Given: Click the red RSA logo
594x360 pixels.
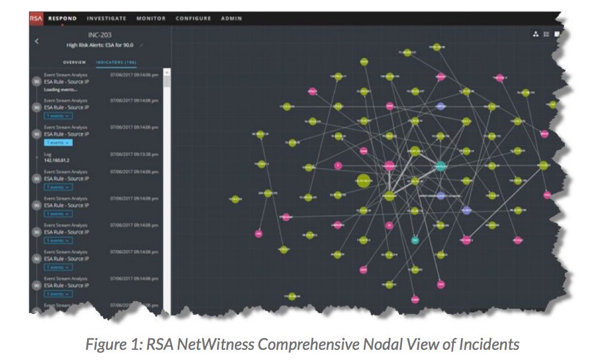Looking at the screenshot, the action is tap(35, 18).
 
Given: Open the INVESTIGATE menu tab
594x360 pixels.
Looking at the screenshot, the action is tap(107, 18).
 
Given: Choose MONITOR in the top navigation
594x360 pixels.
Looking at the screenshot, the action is tap(151, 18).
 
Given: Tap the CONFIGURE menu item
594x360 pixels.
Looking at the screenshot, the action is tap(193, 18).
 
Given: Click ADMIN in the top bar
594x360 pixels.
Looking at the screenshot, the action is tap(231, 18).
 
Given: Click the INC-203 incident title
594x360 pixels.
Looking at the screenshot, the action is tap(100, 35).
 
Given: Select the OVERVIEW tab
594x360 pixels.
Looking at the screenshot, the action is tap(75, 62).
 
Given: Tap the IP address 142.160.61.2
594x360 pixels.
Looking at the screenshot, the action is tap(57, 160).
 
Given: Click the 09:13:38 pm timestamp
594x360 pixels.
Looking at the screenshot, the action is tap(134, 154).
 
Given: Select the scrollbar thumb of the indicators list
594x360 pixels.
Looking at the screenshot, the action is tap(166, 81).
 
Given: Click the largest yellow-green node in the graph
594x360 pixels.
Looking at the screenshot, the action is tap(362, 179).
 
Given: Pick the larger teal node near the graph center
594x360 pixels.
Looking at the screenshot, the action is tap(441, 166).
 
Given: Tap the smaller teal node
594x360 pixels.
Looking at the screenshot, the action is tap(415, 240).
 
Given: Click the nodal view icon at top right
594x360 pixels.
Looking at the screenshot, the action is tap(536, 35).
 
